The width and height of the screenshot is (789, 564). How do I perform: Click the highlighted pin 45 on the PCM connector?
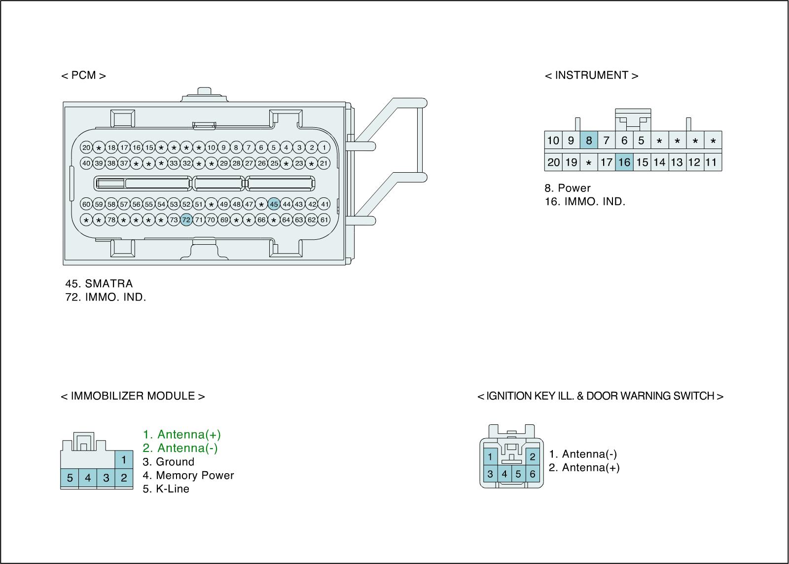click(274, 204)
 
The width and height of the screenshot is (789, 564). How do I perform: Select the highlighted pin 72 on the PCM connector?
click(186, 220)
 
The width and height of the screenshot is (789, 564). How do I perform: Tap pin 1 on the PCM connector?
click(324, 148)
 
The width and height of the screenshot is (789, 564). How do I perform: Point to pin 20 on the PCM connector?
click(86, 148)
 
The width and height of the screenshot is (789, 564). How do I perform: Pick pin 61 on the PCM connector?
click(324, 220)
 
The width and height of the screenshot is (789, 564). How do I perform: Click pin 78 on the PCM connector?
click(111, 220)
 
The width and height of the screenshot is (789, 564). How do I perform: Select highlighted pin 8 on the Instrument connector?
click(588, 141)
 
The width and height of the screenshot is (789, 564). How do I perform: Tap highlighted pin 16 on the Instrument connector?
click(624, 162)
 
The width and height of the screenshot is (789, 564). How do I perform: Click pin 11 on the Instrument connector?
click(712, 162)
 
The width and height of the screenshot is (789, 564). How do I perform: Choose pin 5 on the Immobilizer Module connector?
click(70, 478)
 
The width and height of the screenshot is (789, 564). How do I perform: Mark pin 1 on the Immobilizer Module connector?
click(124, 460)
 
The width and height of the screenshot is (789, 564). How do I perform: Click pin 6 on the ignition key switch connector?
click(533, 474)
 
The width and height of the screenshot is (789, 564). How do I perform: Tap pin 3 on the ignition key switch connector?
click(490, 474)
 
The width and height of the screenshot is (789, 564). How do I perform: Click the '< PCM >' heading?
click(83, 75)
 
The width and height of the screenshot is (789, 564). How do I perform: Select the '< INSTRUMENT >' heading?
click(591, 75)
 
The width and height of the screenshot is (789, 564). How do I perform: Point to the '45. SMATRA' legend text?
click(99, 284)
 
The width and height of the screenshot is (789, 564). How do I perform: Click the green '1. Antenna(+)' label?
click(182, 435)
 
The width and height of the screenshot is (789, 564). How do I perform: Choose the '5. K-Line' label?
click(166, 489)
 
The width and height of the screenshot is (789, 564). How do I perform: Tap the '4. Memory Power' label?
click(188, 476)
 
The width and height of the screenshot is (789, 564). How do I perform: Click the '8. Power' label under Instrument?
click(568, 188)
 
